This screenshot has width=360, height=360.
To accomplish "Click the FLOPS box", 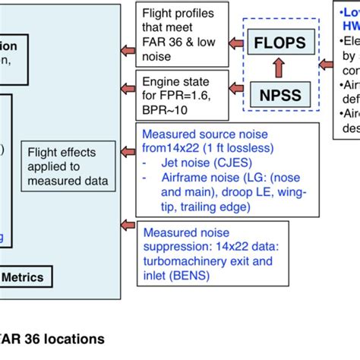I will point(279,42).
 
